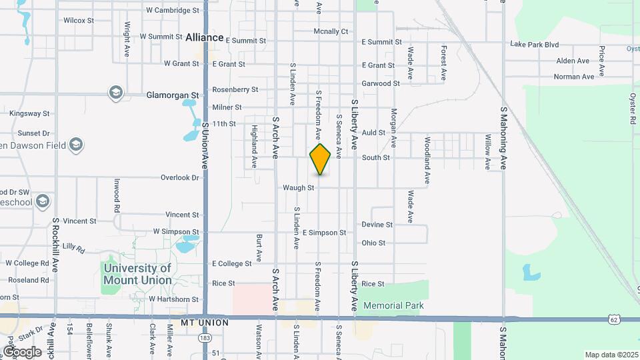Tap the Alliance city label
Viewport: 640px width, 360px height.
[x=205, y=37]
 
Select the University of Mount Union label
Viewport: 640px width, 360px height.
[x=137, y=274]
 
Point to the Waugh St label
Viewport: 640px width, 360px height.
[x=298, y=188]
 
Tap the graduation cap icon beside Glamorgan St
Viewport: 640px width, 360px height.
[x=116, y=92]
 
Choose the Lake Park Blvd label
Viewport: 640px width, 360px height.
[x=534, y=45]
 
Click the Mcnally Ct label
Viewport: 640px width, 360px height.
[x=331, y=31]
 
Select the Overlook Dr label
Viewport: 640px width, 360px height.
[x=180, y=178]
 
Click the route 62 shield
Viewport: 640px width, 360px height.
[x=613, y=320]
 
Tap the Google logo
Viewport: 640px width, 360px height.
[x=23, y=351]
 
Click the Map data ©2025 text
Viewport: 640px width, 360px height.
[x=611, y=355]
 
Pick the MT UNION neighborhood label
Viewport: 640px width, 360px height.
[x=205, y=323]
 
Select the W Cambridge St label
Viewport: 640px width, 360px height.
[x=173, y=11]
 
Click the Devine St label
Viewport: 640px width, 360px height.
[x=377, y=225]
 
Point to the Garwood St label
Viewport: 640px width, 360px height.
[x=381, y=84]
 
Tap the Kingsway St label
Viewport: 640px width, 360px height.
[x=29, y=114]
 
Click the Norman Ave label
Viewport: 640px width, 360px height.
[x=574, y=77]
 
